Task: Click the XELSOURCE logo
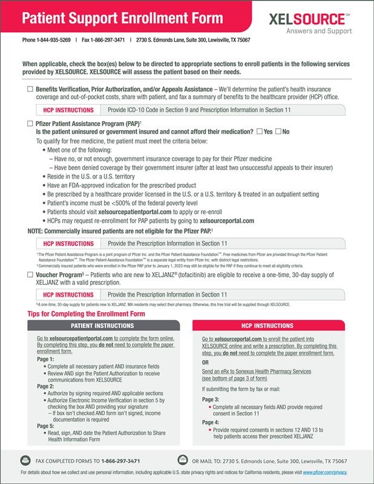pyautogui.click(x=320, y=19)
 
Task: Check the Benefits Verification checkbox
pyautogui.click(x=30, y=90)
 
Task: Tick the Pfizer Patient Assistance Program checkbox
pyautogui.click(x=30, y=123)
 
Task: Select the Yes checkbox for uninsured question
pyautogui.click(x=259, y=132)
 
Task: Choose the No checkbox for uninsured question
pyautogui.click(x=278, y=132)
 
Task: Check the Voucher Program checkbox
pyautogui.click(x=30, y=275)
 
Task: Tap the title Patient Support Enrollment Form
pyautogui.click(x=106, y=18)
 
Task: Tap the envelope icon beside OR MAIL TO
pyautogui.click(x=182, y=460)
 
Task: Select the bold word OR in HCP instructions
pyautogui.click(x=206, y=362)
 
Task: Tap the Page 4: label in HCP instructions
pyautogui.click(x=211, y=422)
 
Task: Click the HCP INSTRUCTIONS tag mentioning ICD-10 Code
pyautogui.click(x=69, y=110)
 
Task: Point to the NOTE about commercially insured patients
pyautogui.click(x=118, y=231)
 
